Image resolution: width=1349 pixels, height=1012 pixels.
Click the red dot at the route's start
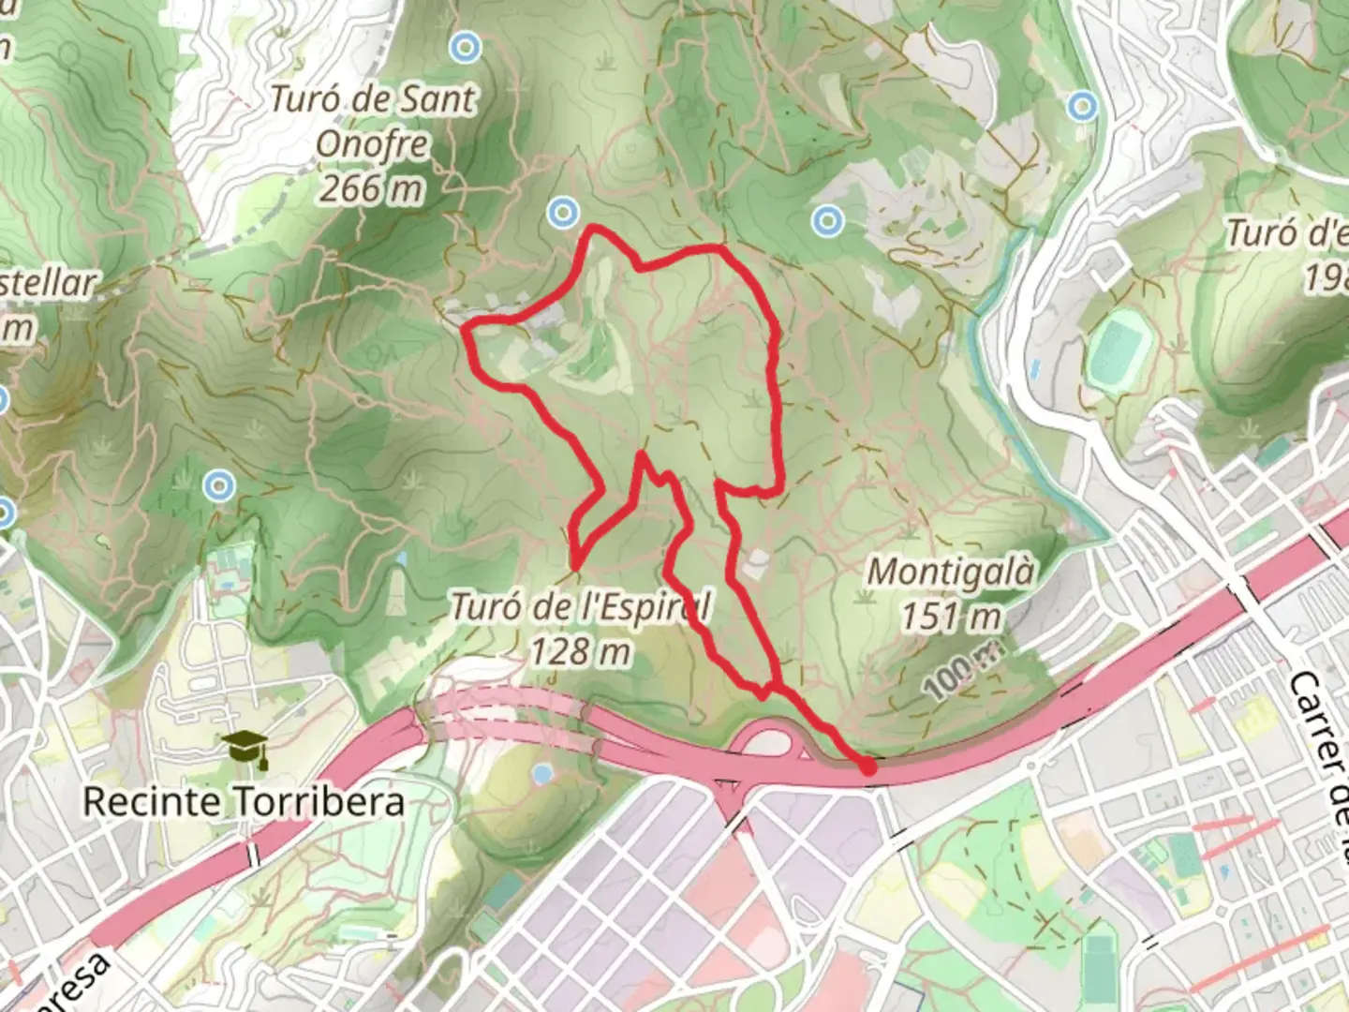click(x=867, y=766)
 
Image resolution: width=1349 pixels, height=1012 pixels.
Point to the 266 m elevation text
click(x=371, y=188)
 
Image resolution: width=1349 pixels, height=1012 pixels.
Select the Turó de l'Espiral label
click(x=581, y=607)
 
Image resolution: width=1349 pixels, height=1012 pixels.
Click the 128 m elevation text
click(x=580, y=650)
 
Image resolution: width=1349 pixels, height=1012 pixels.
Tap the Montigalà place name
click(x=952, y=572)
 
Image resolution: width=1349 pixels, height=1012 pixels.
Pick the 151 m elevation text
click(x=950, y=617)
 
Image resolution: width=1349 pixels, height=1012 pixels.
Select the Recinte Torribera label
click(x=244, y=802)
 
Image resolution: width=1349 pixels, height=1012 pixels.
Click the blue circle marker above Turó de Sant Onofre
click(x=466, y=46)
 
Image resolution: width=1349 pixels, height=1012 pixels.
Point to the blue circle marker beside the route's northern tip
click(x=562, y=213)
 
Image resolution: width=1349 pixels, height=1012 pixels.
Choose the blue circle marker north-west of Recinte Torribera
click(x=220, y=485)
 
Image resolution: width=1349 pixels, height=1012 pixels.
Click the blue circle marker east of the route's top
click(x=827, y=221)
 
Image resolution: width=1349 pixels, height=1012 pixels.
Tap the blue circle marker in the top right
click(x=1083, y=105)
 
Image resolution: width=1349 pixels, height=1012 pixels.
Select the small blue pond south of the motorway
click(x=541, y=774)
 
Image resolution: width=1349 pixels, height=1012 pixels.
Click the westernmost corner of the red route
click(x=467, y=327)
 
